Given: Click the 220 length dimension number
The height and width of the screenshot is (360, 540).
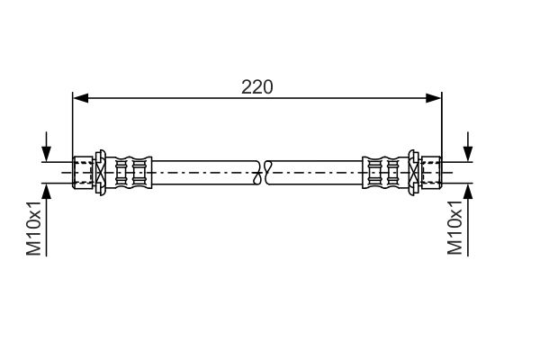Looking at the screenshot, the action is (x=256, y=86).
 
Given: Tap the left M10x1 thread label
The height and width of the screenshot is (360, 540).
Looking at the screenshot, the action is (x=34, y=228).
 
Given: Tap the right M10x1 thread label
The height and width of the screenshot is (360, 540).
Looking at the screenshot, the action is (x=454, y=228).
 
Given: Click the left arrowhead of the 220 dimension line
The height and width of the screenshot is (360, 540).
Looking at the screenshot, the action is (x=81, y=98).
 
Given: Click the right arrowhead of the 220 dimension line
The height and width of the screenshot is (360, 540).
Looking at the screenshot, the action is (x=433, y=98).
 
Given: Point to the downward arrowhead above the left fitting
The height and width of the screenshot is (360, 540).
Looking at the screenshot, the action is (x=46, y=154).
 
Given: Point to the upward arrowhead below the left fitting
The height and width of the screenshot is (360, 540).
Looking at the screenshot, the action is (x=46, y=191).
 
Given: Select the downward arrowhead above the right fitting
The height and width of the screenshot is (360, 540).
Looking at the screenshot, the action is (x=468, y=154).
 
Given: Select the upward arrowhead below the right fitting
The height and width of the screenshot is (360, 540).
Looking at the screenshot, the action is (x=468, y=191).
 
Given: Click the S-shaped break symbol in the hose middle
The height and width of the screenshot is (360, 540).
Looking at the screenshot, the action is (x=262, y=172).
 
